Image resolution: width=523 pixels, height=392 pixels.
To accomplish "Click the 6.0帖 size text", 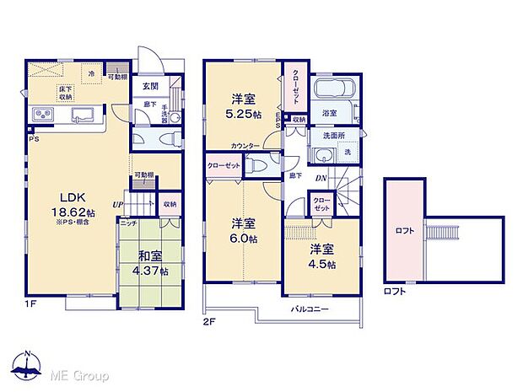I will tap(245, 239).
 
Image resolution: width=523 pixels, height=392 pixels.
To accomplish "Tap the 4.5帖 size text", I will tap(322, 264).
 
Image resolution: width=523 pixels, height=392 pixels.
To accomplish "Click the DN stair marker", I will tap(321, 178).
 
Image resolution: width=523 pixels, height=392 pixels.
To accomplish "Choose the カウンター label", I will tap(245, 146).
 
